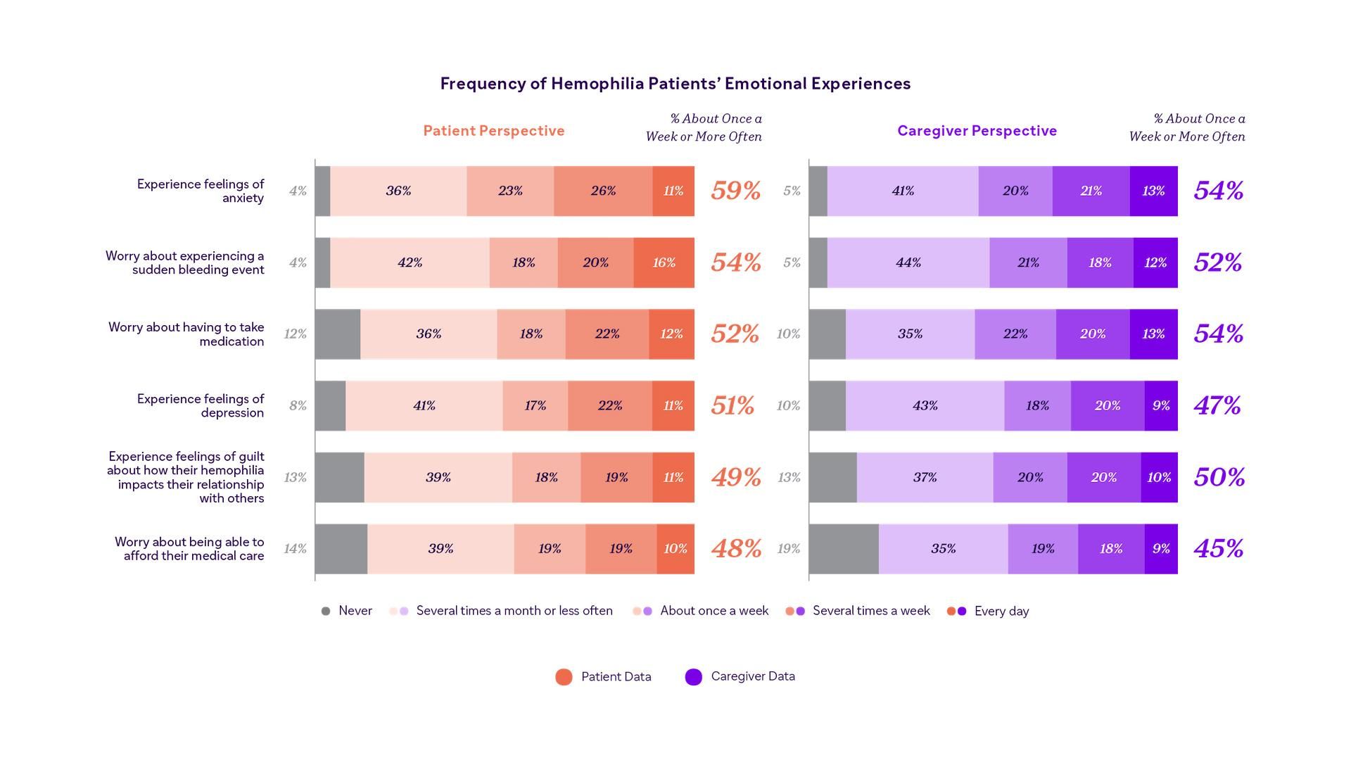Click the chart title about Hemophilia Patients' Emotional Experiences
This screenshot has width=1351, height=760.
675,84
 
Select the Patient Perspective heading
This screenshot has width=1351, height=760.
493,131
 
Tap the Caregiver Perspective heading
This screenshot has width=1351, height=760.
977,131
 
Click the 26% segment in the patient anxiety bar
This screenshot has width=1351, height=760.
603,191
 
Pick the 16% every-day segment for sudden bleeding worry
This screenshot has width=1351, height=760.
664,262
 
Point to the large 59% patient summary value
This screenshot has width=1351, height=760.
735,191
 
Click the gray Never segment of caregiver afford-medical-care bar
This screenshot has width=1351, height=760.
844,549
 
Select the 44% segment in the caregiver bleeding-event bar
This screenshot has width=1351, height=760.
908,262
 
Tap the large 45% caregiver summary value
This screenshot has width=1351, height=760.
1219,549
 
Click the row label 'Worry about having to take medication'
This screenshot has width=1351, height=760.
186,334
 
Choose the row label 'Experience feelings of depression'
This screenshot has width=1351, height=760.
201,405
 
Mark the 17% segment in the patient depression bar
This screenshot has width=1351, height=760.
535,405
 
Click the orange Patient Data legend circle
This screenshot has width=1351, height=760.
564,677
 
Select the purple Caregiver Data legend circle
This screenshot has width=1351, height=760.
694,677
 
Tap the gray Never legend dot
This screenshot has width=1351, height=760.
326,611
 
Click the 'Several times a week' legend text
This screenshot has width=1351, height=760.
871,611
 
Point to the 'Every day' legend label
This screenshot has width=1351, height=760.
1001,611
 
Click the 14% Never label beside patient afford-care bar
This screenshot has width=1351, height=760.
295,549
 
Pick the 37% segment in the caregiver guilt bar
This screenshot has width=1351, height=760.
925,477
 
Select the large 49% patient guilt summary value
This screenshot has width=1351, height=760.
735,477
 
